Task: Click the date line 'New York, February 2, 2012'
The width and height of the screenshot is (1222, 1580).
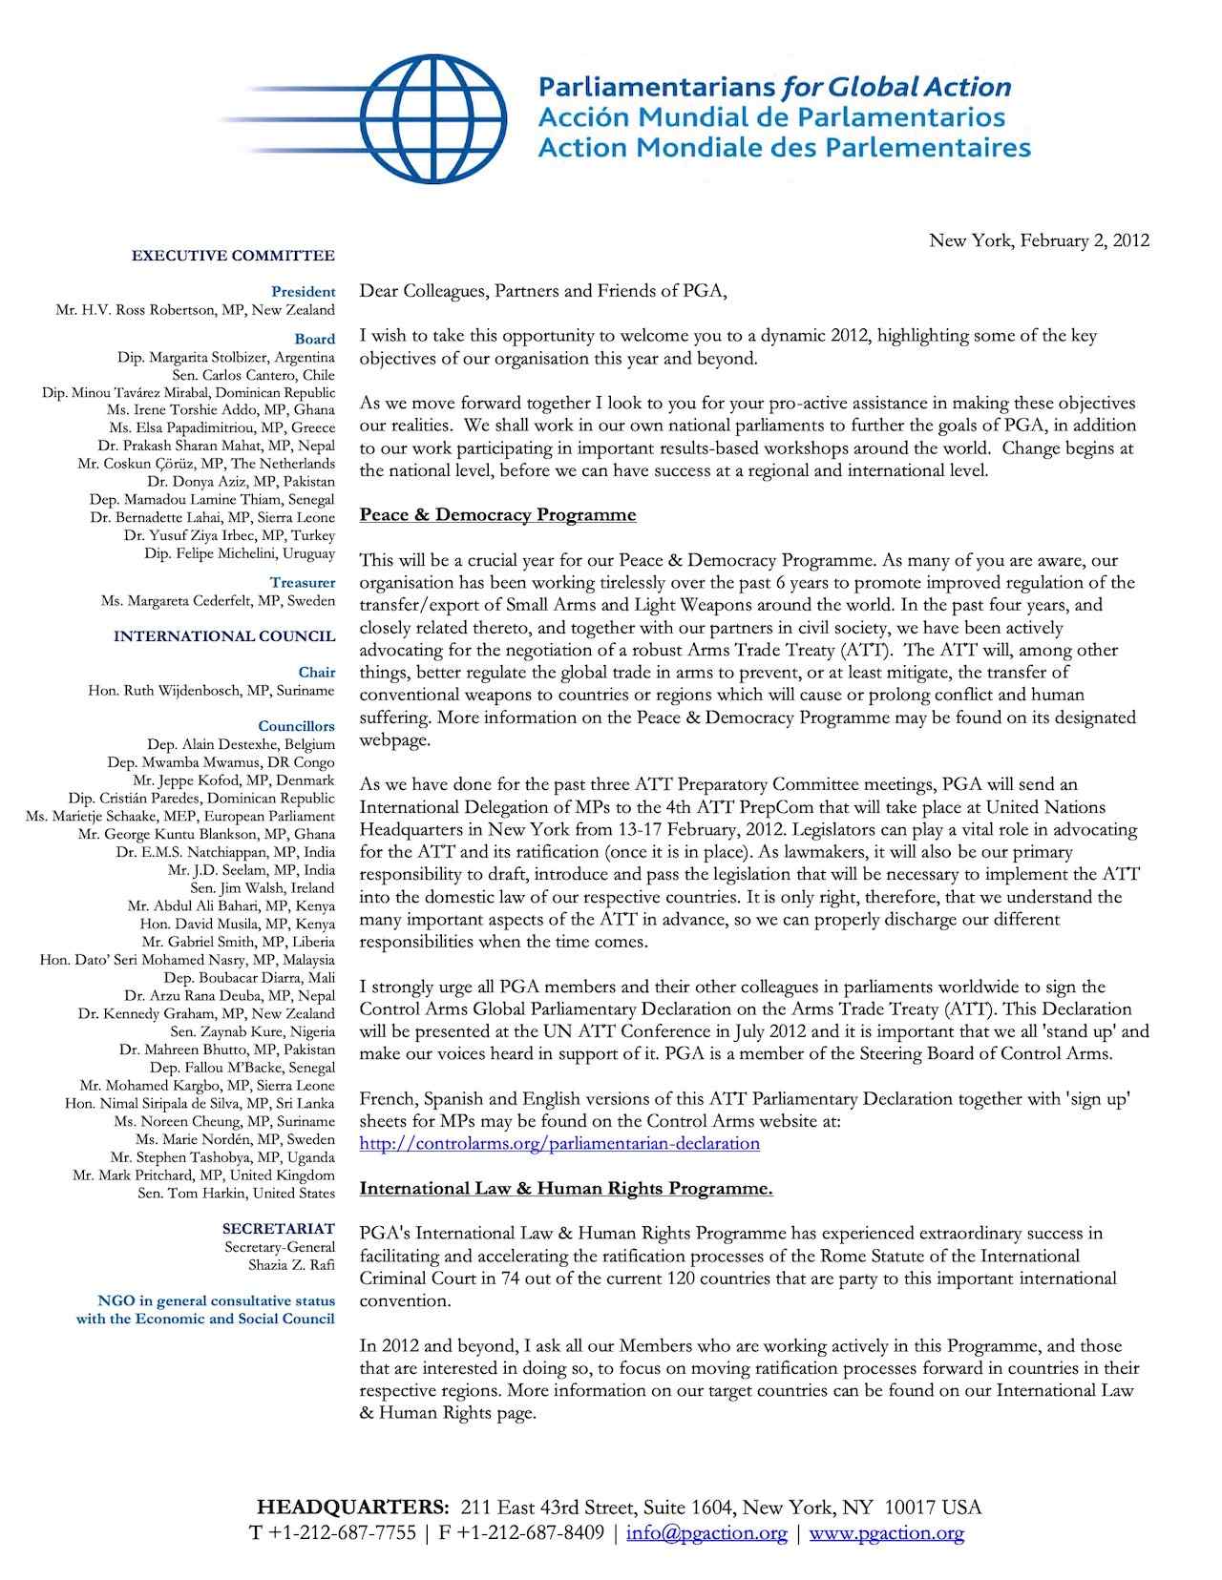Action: tap(1039, 240)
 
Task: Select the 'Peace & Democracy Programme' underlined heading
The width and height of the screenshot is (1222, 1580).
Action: tap(497, 515)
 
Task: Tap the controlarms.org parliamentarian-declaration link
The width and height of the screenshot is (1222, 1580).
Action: tap(559, 1143)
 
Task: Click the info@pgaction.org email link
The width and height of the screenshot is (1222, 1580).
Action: tap(706, 1533)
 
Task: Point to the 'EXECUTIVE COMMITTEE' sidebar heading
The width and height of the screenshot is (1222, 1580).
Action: tap(233, 256)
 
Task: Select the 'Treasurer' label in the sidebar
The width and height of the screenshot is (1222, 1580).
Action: tap(303, 582)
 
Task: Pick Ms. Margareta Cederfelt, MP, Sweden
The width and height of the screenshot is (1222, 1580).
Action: tap(218, 600)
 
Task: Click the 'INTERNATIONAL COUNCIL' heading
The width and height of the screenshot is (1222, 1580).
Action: tap(224, 636)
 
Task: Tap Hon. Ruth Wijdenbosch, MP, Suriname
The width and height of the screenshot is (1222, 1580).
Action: tap(211, 690)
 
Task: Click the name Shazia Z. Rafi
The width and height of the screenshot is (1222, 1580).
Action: tap(291, 1265)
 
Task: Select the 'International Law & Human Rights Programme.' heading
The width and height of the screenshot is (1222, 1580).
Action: tap(565, 1189)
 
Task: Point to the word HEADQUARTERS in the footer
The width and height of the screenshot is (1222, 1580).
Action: tap(352, 1507)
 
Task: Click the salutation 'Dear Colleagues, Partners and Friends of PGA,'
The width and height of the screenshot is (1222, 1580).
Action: tap(542, 291)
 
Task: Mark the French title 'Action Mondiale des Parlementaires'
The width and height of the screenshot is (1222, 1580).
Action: tap(784, 148)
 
